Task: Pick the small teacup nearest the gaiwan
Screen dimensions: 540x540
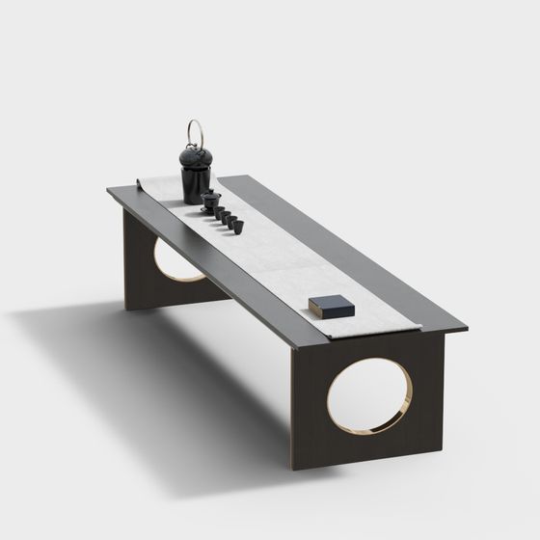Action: click(x=218, y=211)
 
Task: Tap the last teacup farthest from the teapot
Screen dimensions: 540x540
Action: click(x=237, y=226)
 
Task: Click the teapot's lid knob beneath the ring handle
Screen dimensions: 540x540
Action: click(x=194, y=147)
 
